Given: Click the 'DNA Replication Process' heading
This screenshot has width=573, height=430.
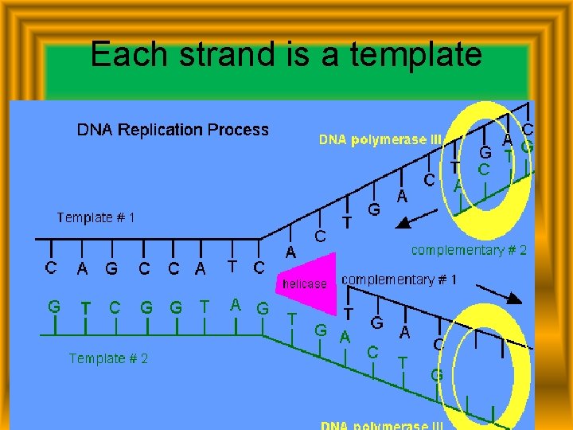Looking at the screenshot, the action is (x=173, y=130).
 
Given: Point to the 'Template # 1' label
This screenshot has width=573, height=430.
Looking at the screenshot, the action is (x=95, y=217).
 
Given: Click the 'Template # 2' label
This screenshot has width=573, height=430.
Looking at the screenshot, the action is (x=108, y=358).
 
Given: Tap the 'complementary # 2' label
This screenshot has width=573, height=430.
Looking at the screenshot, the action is (x=469, y=250).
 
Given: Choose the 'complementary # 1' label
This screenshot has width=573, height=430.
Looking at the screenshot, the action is (x=400, y=279).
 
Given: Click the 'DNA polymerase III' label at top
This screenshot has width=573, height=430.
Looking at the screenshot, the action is (x=380, y=139).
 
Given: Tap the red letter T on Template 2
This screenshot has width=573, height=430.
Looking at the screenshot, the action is (x=85, y=307).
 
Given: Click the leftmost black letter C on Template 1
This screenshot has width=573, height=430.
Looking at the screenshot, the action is (x=51, y=268).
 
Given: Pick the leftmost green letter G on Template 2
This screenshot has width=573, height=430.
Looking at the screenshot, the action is (x=54, y=306).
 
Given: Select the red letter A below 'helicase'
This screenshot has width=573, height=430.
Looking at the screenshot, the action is (x=345, y=337).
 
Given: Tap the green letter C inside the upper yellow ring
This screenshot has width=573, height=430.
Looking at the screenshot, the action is (x=483, y=170).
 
